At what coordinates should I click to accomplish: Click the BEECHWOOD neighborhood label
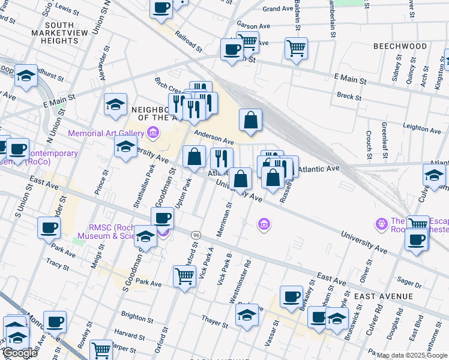click(408, 46)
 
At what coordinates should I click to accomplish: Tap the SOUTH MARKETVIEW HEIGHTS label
click(55, 33)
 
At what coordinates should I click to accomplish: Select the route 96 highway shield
click(196, 234)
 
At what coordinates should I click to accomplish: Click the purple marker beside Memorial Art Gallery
click(153, 133)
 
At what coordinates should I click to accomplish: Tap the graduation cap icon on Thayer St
click(247, 316)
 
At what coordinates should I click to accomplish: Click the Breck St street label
click(349, 96)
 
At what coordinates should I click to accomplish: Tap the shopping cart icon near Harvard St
click(101, 349)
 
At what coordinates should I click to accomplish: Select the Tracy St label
click(58, 263)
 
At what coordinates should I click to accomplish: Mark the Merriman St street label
click(229, 219)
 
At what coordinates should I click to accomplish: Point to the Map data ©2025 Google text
click(412, 355)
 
